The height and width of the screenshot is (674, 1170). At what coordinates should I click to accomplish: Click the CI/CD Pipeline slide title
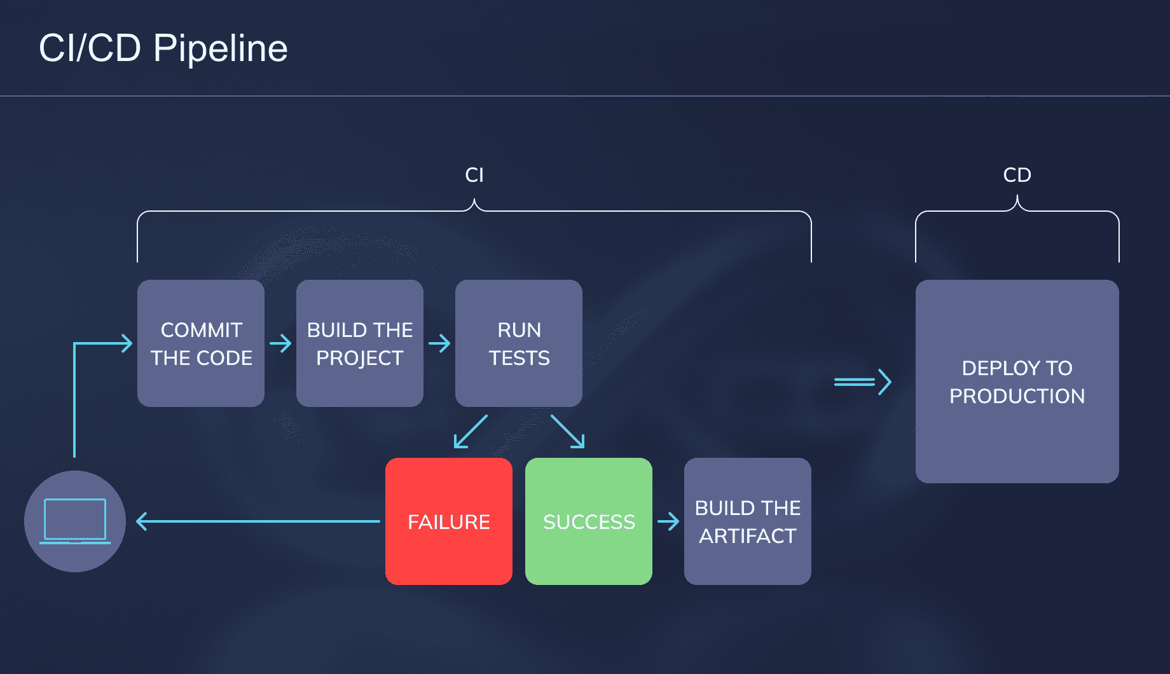pos(163,48)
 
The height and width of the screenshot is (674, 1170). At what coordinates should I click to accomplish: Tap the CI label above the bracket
pos(474,175)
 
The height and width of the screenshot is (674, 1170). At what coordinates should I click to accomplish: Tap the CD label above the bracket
pos(1017,175)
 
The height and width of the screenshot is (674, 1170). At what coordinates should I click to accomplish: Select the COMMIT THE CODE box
pos(201,343)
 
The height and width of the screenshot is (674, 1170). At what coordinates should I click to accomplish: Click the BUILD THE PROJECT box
pos(360,343)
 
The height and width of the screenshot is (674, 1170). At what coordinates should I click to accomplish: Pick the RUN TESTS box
pos(519,343)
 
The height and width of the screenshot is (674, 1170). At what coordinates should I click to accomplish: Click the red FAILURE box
pos(449,521)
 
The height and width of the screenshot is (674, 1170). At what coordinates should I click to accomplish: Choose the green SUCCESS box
pos(589,521)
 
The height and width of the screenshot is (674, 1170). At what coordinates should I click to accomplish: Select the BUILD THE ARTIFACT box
pos(748,521)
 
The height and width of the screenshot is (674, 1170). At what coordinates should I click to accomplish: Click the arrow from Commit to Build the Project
pos(280,343)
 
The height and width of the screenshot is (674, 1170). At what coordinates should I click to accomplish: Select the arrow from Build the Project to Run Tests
pos(439,343)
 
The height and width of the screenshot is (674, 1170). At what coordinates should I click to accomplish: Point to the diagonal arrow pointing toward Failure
pos(471,432)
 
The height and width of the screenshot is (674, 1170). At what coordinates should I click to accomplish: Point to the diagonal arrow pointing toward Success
pos(568,432)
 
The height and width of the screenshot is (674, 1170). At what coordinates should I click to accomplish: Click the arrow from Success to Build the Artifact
pos(668,521)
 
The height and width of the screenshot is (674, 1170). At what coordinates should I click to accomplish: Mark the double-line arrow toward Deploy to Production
pos(863,382)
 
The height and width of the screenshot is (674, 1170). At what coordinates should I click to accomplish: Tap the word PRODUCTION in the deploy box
pos(1017,396)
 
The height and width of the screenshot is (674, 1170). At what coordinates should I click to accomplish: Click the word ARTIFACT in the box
pos(748,536)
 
